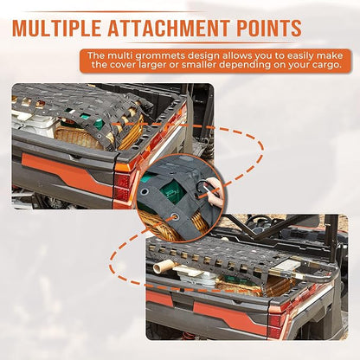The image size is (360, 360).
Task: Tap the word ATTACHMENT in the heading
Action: point(167,28)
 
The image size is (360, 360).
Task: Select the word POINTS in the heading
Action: point(267,28)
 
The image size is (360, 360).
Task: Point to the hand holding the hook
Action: point(215,192)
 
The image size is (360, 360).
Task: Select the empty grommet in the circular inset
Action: point(144,191)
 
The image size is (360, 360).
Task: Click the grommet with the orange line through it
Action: point(174,216)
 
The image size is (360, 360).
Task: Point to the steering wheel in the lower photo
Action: point(259,223)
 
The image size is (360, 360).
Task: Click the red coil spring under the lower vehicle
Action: point(188,336)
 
